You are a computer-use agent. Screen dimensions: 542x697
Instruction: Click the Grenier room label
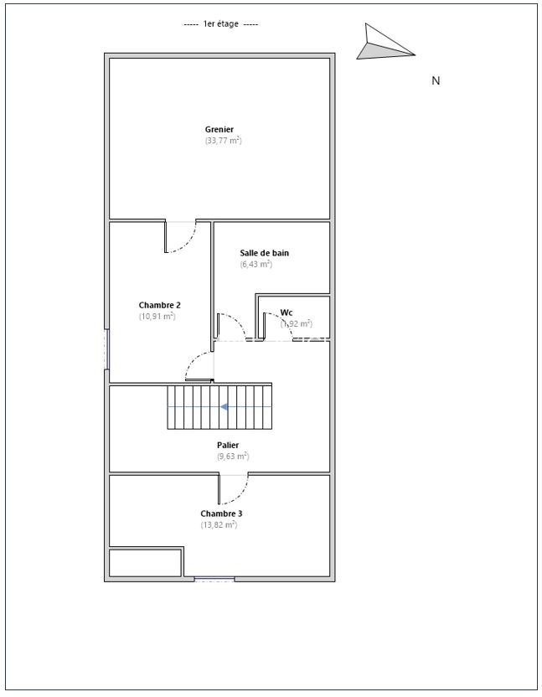(219, 129)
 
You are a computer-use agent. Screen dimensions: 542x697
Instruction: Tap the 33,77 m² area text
(223, 141)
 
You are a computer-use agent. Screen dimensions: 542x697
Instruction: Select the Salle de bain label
(264, 253)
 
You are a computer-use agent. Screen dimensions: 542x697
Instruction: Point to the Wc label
(286, 312)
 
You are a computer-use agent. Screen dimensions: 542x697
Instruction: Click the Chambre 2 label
(160, 305)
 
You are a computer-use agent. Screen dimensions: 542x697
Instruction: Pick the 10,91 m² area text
(157, 317)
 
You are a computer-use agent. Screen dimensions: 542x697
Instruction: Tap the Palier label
(228, 445)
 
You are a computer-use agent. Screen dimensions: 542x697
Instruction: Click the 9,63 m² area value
(233, 456)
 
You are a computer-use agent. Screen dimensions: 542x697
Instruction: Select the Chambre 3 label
(221, 514)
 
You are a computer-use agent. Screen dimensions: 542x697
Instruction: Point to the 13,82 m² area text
(219, 525)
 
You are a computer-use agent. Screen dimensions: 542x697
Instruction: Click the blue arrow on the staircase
(225, 407)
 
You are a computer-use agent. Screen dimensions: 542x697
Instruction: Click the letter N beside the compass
(436, 80)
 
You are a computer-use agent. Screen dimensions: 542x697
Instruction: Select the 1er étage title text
(221, 24)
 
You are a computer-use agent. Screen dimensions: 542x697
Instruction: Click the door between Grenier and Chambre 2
(180, 236)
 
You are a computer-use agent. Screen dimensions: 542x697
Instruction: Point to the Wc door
(277, 326)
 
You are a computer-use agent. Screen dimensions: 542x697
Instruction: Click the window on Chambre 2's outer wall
(106, 349)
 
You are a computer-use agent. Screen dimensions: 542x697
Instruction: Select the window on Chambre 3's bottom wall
(214, 579)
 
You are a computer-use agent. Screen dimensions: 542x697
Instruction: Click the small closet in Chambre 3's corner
(146, 563)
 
